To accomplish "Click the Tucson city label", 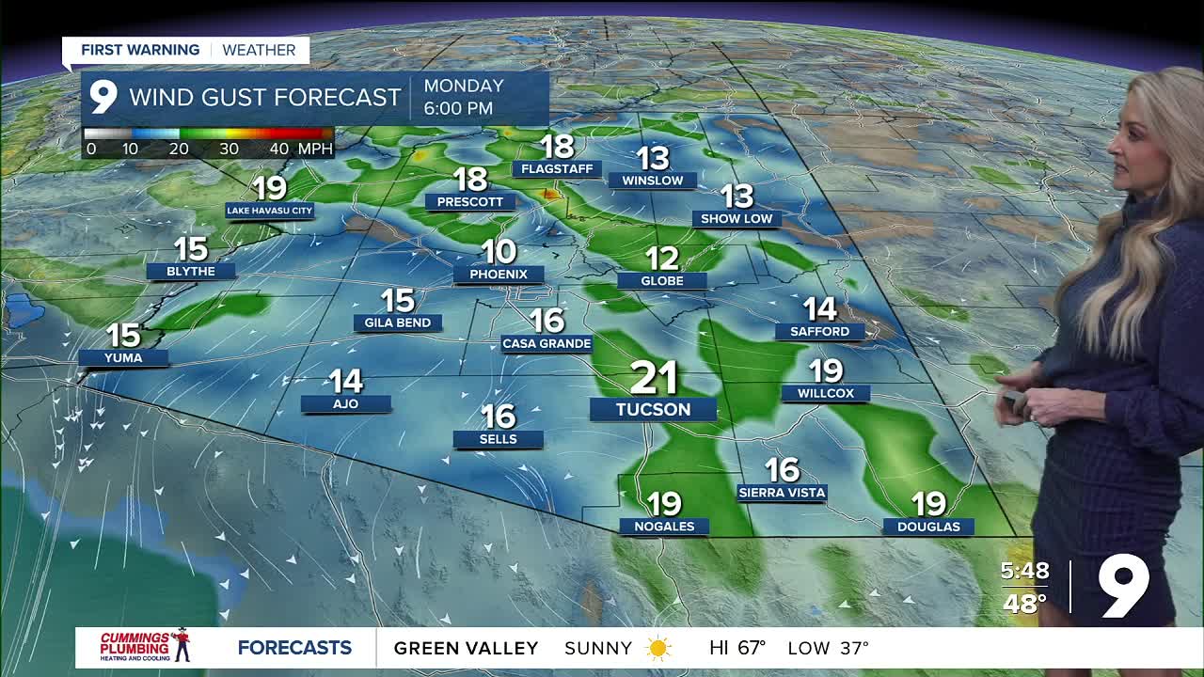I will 653,409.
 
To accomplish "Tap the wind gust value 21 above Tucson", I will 654,378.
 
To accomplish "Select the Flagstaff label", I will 558,169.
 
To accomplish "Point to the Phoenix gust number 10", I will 499,251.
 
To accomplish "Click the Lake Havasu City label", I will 270,211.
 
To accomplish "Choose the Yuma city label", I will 123,357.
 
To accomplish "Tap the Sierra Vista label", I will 782,492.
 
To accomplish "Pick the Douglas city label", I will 928,527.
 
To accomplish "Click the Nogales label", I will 664,527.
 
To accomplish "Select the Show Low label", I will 737,218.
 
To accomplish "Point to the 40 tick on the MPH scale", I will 278,149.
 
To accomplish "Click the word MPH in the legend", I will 315,149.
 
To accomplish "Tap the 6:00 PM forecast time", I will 458,108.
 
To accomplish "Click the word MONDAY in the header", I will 464,86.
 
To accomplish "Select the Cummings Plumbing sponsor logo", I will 146,647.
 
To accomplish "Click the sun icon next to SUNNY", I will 658,648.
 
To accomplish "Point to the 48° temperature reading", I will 1024,603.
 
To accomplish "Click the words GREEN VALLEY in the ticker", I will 466,648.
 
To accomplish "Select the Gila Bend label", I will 398,323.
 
